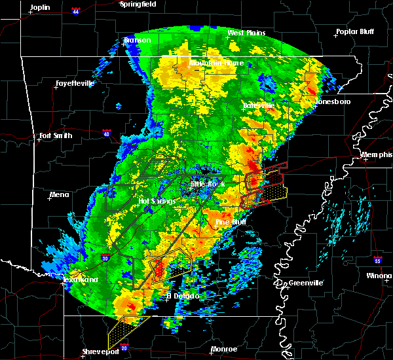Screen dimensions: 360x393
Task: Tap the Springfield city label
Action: pyautogui.click(x=138, y=4)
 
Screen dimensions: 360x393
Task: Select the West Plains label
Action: pyautogui.click(x=245, y=33)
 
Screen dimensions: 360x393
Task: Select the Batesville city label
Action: pyautogui.click(x=258, y=105)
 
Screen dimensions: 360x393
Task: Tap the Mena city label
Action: pyautogui.click(x=59, y=194)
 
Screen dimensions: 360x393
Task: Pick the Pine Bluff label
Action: pyautogui.click(x=231, y=223)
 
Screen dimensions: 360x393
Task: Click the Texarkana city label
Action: pyautogui.click(x=81, y=279)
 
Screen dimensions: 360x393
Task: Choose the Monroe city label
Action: pyautogui.click(x=224, y=350)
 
